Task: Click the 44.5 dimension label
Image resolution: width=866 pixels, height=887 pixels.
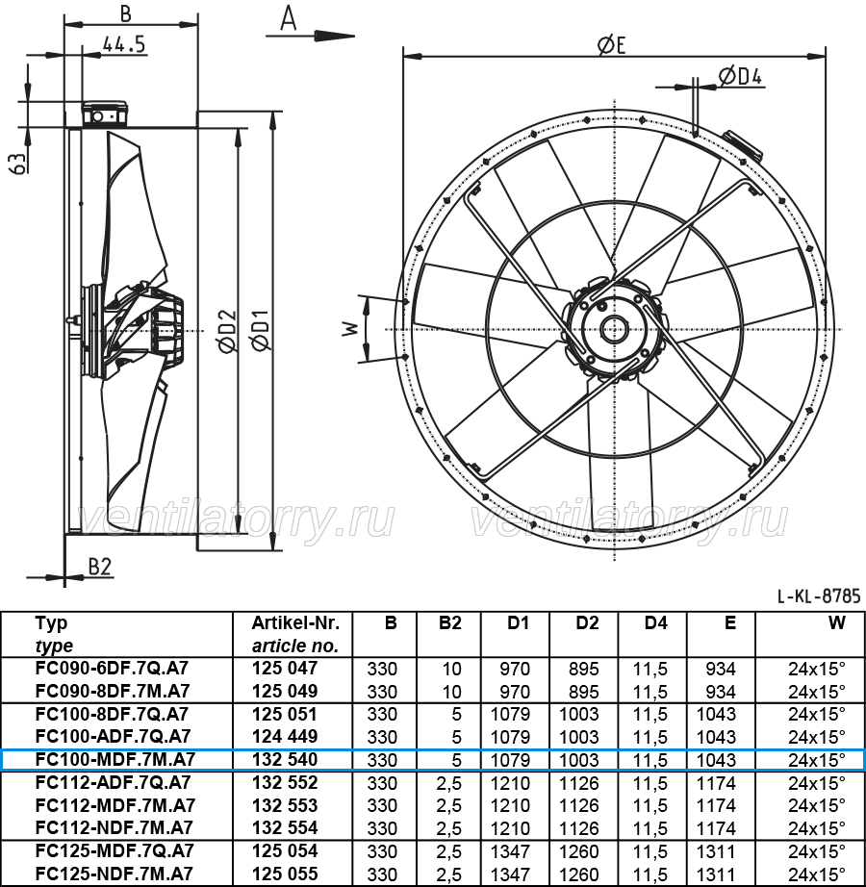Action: (124, 44)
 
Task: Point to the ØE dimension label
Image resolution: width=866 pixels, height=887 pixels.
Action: (611, 45)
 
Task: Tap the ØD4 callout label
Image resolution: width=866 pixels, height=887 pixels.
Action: (740, 76)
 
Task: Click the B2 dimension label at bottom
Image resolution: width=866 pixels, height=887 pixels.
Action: (100, 567)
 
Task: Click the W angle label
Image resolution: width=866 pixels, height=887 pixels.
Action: (350, 329)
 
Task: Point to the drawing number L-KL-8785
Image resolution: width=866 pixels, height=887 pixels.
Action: (819, 596)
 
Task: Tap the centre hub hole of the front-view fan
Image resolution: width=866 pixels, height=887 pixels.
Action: (614, 329)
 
